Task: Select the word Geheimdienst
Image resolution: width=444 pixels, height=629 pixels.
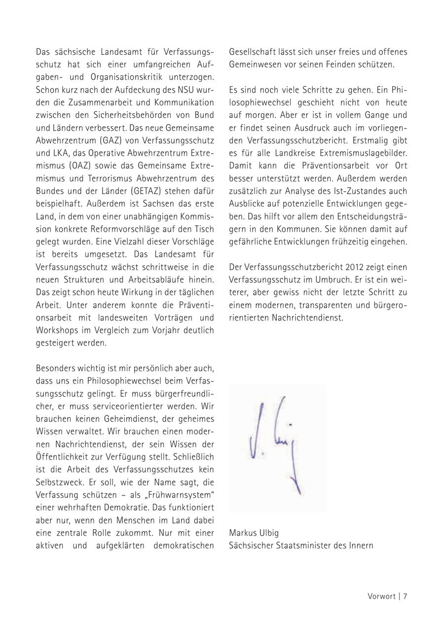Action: pos(125,419)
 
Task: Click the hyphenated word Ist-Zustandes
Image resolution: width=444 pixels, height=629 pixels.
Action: pos(358,191)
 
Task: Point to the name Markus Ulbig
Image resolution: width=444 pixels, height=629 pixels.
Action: pos(254,533)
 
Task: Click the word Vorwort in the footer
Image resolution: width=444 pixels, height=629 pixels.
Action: pos(381,596)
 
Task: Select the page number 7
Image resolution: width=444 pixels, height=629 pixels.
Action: pos(405,596)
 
